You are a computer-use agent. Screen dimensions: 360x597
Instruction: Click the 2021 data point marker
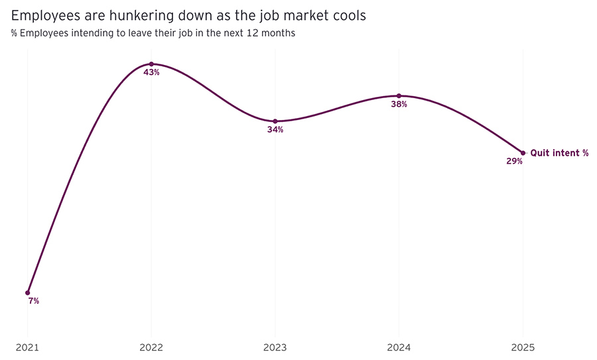[x=28, y=292]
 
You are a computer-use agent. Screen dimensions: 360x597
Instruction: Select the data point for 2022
[x=151, y=64]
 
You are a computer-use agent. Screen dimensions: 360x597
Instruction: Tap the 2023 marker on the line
[x=275, y=121]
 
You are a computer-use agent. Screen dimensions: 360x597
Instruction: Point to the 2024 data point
[x=399, y=95]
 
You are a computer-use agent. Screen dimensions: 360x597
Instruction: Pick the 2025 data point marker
[x=523, y=153]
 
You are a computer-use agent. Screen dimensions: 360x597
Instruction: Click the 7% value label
[x=34, y=301]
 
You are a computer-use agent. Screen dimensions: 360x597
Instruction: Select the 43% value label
[x=151, y=72]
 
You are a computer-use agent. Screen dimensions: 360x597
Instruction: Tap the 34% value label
[x=275, y=130]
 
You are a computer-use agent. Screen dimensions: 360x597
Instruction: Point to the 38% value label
[x=399, y=104]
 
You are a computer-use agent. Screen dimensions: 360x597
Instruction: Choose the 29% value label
[x=515, y=161]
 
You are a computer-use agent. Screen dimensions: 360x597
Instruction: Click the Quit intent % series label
[x=559, y=153]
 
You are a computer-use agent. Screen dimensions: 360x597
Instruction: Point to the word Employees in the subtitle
[x=41, y=33]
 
